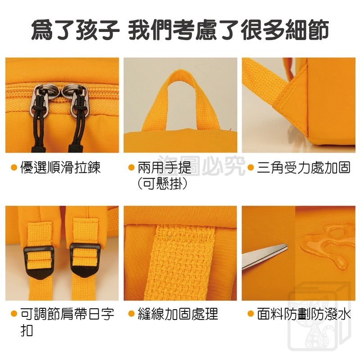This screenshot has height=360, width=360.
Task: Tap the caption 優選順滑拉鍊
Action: tap(60, 168)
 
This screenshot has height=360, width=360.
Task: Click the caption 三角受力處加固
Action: tap(304, 168)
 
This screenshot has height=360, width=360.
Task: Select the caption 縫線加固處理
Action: tap(178, 313)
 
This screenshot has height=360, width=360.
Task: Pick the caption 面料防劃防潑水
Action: tap(304, 313)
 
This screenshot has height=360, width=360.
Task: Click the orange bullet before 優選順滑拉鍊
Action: tap(14, 168)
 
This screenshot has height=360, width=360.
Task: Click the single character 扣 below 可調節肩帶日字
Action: tap(27, 330)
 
